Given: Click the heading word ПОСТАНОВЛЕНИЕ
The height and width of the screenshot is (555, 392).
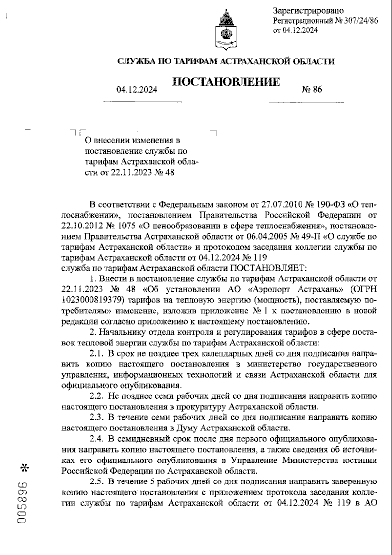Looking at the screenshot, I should (226, 81).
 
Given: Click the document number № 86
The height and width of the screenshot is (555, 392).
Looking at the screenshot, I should (312, 89).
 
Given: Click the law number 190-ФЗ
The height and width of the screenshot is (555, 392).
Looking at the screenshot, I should (331, 205).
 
